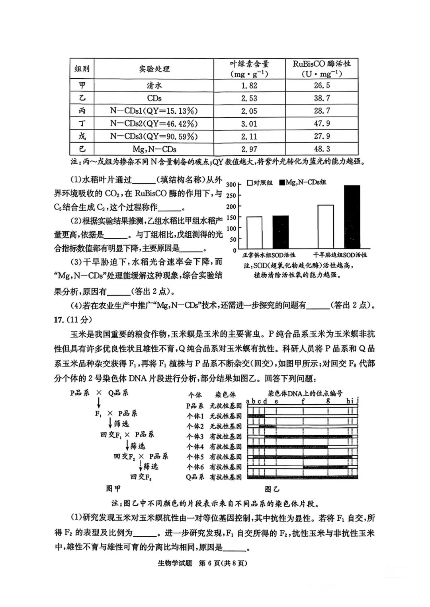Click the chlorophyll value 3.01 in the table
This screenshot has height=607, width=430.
(249, 124)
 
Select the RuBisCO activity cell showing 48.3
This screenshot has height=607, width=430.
(322, 149)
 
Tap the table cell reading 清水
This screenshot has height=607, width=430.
(154, 85)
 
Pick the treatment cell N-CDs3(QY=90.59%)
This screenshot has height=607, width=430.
(154, 136)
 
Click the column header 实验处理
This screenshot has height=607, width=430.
(154, 69)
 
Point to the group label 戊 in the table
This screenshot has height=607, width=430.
(82, 136)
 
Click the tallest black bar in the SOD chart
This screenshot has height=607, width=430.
(352, 217)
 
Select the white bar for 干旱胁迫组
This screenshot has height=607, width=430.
(326, 227)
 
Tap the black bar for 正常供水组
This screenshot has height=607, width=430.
(280, 232)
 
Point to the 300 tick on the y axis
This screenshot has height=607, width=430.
(231, 184)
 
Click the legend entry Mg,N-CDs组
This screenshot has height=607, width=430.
(302, 182)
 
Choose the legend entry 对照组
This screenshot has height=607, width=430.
(260, 182)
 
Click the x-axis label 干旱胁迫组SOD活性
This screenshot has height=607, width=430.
(340, 255)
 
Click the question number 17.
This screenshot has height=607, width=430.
(59, 320)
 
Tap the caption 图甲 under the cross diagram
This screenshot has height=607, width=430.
(113, 489)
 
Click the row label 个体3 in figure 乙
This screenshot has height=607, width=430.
(195, 436)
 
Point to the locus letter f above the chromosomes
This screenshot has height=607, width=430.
(303, 401)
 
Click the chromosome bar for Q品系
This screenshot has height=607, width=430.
(303, 477)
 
